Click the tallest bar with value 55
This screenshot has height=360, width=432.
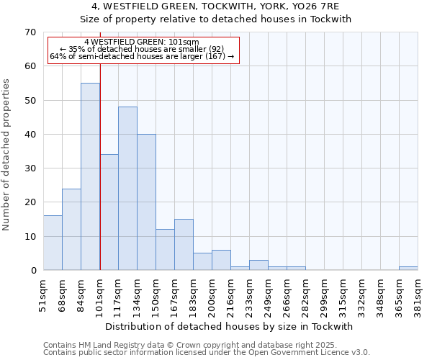coord(90,176)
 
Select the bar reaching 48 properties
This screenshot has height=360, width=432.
coord(127,189)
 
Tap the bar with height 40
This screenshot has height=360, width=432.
coord(146,202)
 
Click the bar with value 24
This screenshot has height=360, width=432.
coord(71,229)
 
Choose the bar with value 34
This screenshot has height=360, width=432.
coord(109,212)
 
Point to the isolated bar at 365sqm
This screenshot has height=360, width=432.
coord(408,269)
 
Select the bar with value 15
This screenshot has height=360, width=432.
coord(184,245)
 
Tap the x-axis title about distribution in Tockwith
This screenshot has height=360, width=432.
coord(225,326)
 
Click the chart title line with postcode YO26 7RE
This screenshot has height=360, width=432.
coord(215,6)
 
